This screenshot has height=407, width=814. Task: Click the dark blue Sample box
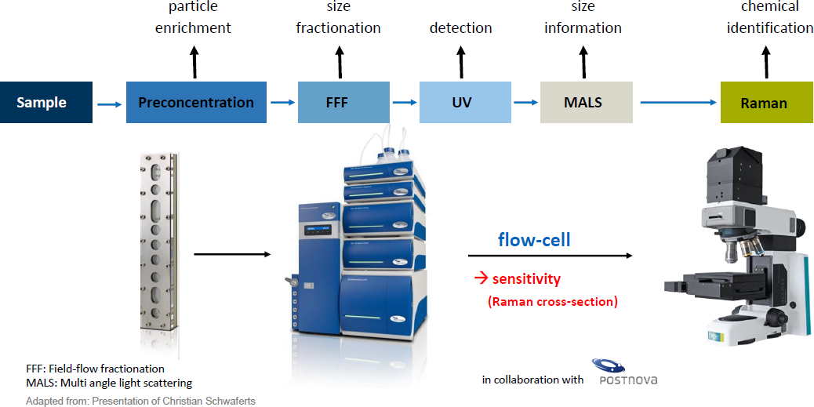(x=46, y=102)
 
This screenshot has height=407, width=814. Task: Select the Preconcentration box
(x=196, y=102)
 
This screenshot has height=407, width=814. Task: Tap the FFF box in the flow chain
(x=343, y=102)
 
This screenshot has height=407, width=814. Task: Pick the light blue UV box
(x=462, y=102)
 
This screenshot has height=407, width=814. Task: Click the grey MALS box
(x=586, y=102)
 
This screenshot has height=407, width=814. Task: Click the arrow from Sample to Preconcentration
(x=109, y=104)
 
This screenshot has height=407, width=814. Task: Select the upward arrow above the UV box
(x=461, y=61)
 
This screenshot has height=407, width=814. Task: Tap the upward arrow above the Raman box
(x=765, y=61)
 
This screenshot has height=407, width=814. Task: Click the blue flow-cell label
(x=534, y=240)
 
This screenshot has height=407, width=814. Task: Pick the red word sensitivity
(x=526, y=279)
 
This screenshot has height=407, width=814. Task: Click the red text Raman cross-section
(x=552, y=302)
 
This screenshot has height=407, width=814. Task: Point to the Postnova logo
(x=624, y=372)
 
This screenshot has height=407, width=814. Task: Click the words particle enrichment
(x=194, y=17)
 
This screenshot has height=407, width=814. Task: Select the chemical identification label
(x=770, y=17)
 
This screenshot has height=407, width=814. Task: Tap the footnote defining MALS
(x=109, y=383)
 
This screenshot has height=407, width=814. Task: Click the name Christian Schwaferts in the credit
(x=211, y=401)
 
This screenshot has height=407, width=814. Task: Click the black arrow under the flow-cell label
(x=551, y=256)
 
